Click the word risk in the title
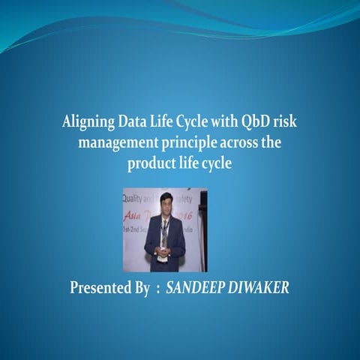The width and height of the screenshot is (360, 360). click(286, 123)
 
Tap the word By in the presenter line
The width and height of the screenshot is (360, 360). click(142, 287)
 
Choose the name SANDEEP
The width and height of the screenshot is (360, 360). click(196, 287)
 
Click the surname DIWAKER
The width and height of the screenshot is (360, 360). click(257, 287)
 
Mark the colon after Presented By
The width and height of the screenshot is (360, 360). click(157, 289)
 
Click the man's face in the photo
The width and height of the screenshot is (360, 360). click(166, 203)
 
